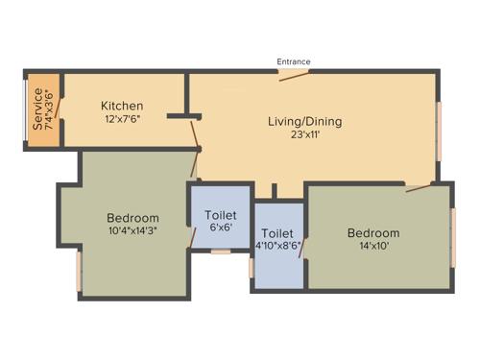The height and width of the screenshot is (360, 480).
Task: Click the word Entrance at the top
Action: (294, 61)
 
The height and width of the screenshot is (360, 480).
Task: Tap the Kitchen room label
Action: (123, 106)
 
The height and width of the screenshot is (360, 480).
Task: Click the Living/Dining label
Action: (304, 122)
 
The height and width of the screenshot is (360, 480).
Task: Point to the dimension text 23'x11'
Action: (304, 136)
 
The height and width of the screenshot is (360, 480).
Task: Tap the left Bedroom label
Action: (132, 218)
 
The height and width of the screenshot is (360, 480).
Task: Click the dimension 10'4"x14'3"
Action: (132, 230)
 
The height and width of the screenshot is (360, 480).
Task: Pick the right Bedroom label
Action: (373, 233)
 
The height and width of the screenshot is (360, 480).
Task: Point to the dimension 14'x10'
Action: (373, 247)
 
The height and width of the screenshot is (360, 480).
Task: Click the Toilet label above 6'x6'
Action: (220, 216)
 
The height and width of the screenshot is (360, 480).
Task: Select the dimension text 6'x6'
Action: (220, 228)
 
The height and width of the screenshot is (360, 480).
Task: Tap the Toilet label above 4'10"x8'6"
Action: (277, 233)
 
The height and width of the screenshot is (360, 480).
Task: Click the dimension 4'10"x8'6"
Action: (277, 246)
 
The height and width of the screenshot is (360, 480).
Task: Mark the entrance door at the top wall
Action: (293, 74)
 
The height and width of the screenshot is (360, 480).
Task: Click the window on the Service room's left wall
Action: (26, 108)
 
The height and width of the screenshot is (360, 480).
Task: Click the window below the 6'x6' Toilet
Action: (221, 252)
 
